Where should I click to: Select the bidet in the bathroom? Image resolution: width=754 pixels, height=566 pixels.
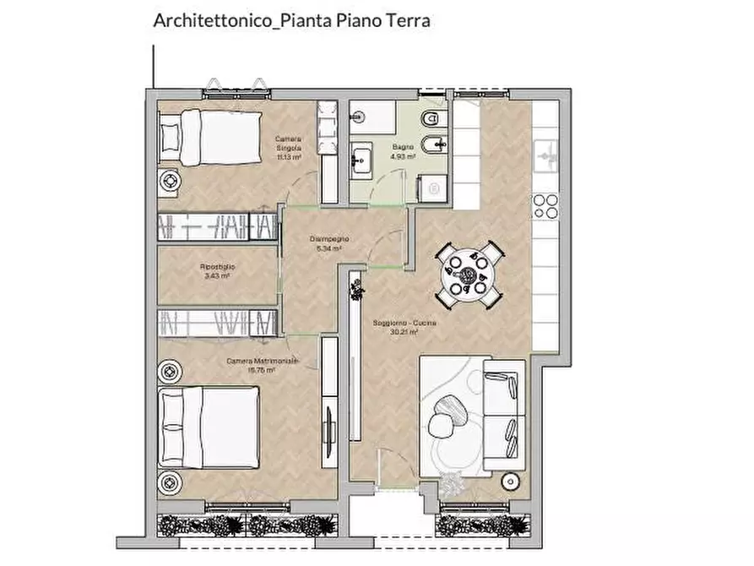coord(437,146)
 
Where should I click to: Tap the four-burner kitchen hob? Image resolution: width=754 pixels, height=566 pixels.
coord(545,207)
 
